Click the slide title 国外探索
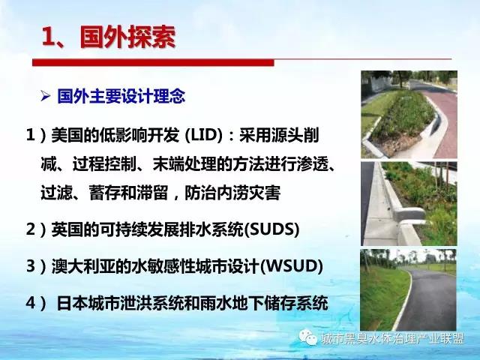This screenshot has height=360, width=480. pyautogui.click(x=127, y=37)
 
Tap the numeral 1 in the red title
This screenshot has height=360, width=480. pyautogui.click(x=48, y=37)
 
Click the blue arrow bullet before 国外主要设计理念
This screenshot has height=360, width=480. pyautogui.click(x=45, y=97)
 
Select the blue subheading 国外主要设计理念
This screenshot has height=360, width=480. pyautogui.click(x=121, y=96)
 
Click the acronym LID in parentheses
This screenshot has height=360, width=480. pyautogui.click(x=203, y=135)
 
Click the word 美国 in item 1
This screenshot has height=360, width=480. pyautogui.click(x=67, y=135)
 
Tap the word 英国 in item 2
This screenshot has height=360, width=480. pyautogui.click(x=67, y=229)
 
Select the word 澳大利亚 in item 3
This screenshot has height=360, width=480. pyautogui.click(x=83, y=265)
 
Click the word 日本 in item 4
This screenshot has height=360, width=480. pyautogui.click(x=72, y=303)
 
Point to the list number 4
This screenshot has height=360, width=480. pyautogui.click(x=31, y=303)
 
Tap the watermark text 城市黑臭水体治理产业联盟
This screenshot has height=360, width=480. pyautogui.click(x=393, y=339)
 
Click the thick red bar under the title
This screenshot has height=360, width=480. pyautogui.click(x=153, y=62)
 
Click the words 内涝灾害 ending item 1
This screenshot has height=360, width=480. pyautogui.click(x=248, y=193)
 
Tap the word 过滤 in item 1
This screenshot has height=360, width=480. pyautogui.click(x=57, y=193)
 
